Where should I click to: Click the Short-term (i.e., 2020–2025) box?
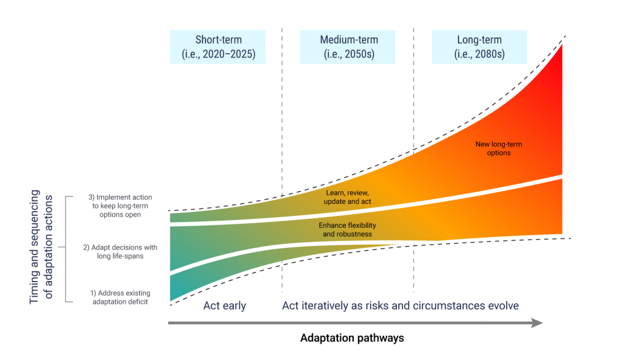pos(218,47)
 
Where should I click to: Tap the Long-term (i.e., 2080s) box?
pos(479,47)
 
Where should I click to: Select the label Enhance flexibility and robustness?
pos(345,229)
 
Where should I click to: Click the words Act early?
pos(225,306)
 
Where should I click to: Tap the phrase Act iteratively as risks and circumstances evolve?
pos(400,306)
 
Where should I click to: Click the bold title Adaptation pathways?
pos(352,338)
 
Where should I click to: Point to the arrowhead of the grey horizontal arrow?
pos(537,324)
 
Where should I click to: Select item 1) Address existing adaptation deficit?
pos(119,297)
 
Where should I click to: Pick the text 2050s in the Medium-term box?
pos(360,54)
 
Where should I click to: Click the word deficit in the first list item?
pos(137,302)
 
